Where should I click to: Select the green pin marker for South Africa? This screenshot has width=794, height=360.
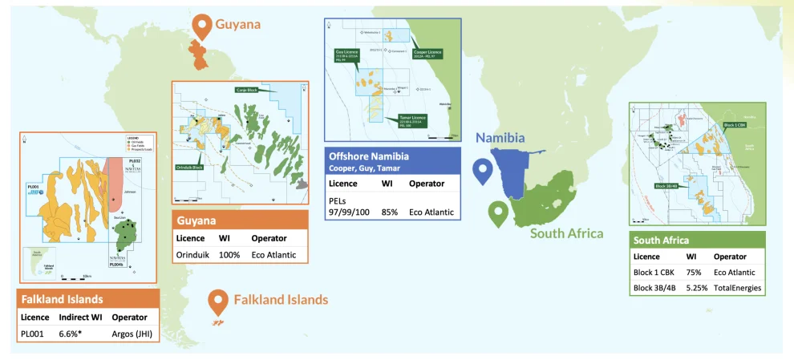click(x=499, y=214)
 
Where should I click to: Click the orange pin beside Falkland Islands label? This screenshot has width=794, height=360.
click(x=217, y=301)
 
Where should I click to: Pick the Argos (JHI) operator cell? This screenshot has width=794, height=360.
click(x=133, y=333)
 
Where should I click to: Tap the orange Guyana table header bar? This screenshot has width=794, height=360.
click(x=240, y=219)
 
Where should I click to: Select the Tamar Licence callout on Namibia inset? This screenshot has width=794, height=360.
click(x=410, y=119)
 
